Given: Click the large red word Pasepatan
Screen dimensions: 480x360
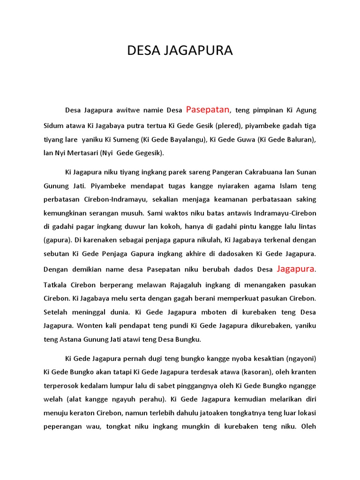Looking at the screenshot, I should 208,110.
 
